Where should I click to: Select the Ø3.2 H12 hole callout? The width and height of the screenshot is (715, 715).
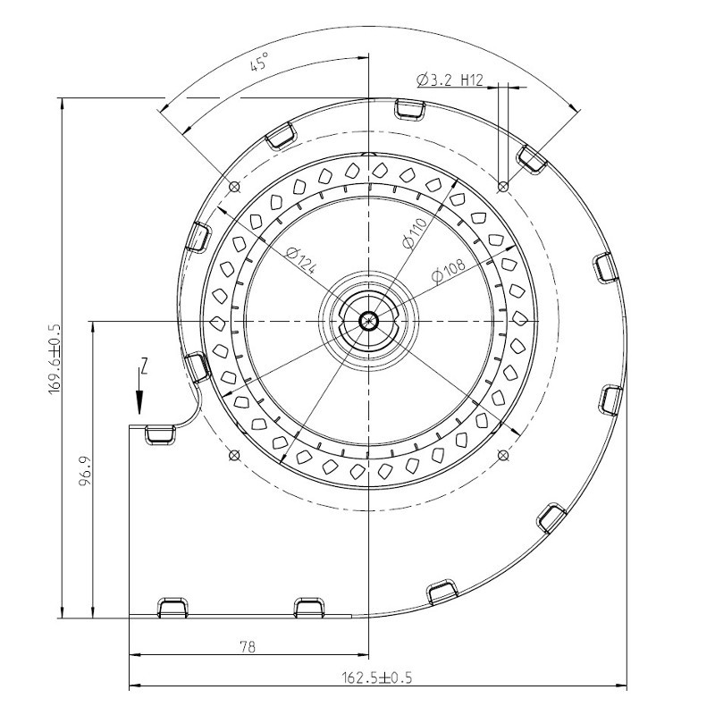pos(450,80)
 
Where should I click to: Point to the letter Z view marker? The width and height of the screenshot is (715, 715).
pos(143,365)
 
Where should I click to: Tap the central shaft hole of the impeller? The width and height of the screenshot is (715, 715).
pos(368,319)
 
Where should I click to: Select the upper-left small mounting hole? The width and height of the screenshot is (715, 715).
pos(234,187)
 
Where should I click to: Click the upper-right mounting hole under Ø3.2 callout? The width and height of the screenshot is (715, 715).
pos(503,186)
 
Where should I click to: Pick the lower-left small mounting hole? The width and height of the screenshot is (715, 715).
pos(234,455)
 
